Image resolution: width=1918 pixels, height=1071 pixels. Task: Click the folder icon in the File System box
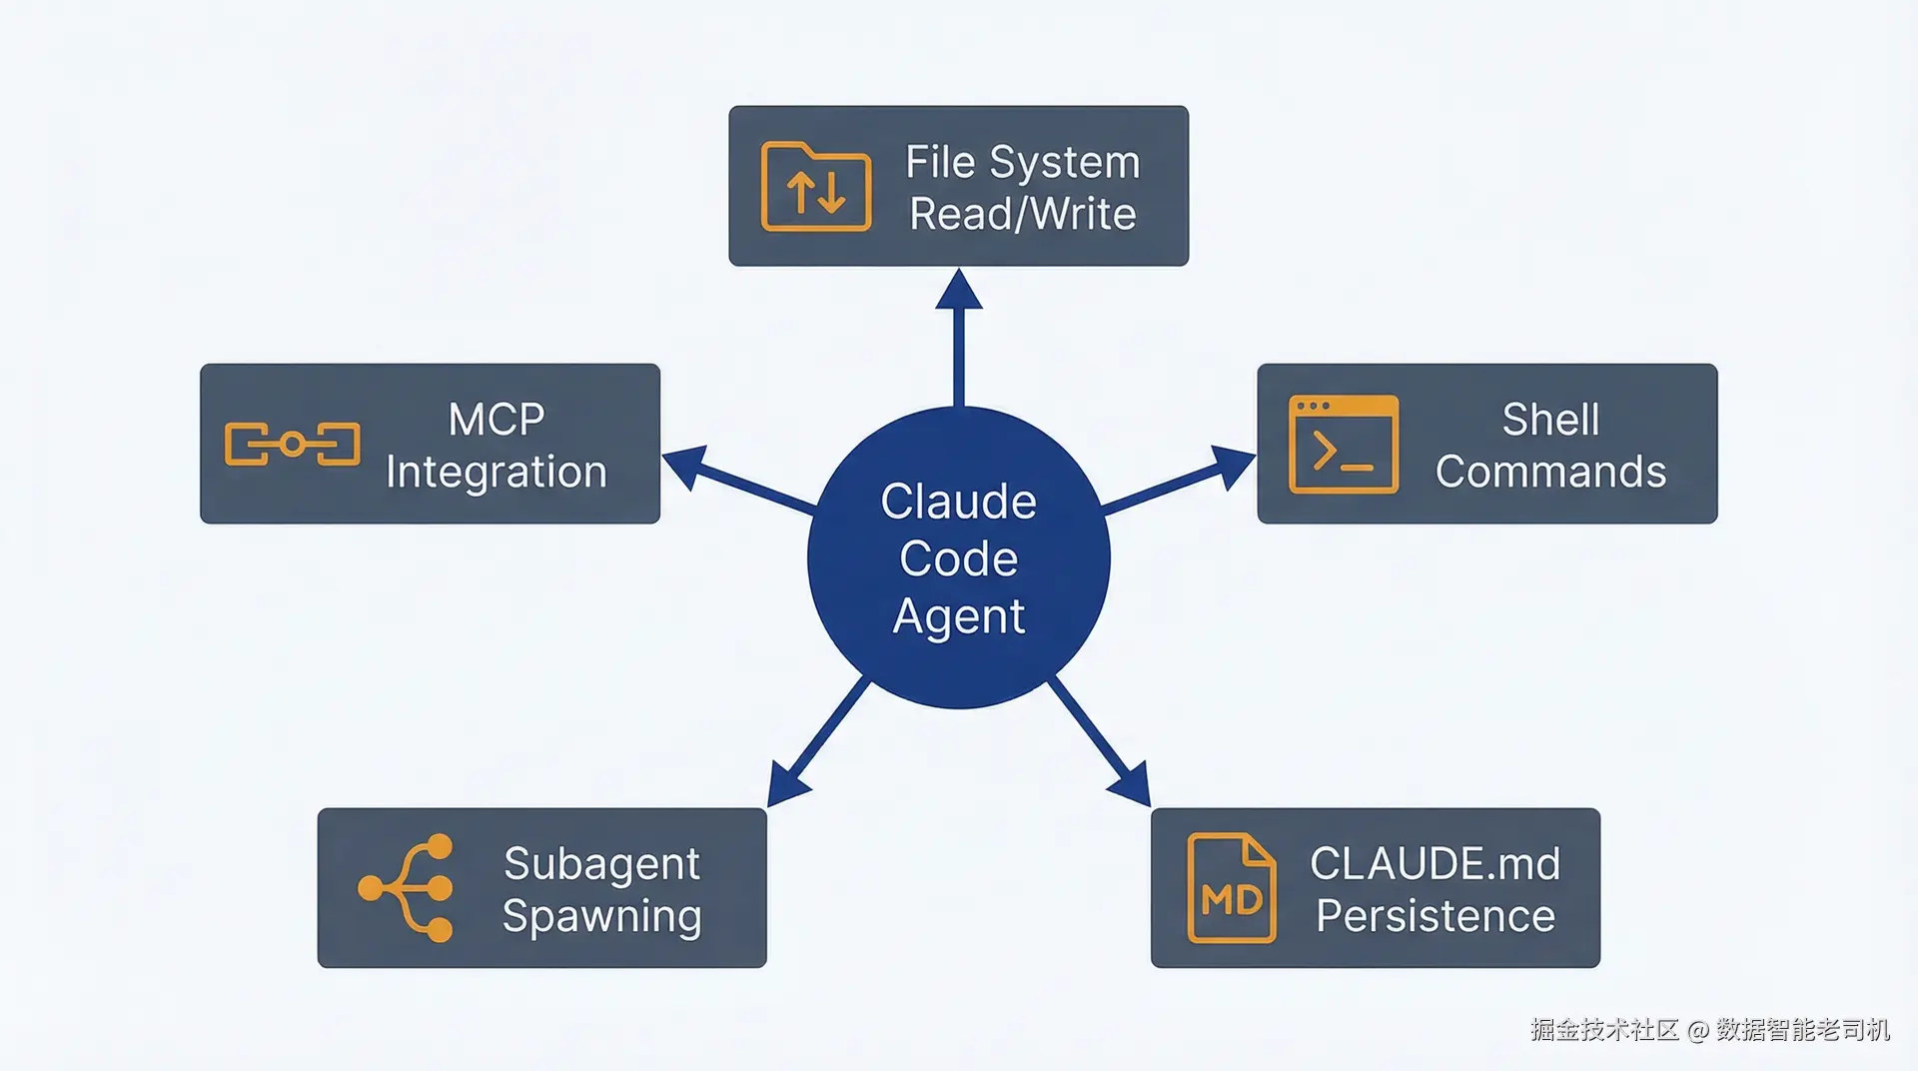[815, 187]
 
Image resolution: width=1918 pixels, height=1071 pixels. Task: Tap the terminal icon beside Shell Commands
[1343, 445]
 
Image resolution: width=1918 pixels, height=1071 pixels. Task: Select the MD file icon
[1231, 888]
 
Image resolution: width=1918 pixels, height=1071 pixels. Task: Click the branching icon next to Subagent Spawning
[408, 888]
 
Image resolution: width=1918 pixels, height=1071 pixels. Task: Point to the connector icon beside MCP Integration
[292, 445]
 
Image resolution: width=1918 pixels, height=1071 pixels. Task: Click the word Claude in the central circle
[958, 502]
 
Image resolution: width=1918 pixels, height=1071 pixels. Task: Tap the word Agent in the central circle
[958, 616]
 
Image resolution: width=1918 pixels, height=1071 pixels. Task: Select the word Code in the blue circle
[958, 558]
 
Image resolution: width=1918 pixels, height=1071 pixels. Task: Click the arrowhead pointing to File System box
[959, 290]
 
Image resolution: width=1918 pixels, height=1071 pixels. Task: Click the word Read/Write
[1022, 214]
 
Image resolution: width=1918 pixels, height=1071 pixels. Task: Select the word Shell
[1550, 420]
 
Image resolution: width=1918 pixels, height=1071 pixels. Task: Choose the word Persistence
[1435, 916]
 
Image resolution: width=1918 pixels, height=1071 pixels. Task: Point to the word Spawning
[601, 917]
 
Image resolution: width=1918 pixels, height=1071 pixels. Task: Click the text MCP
[496, 420]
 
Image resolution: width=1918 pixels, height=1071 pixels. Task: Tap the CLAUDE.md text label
[1435, 863]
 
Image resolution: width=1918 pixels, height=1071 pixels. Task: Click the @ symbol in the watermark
[1697, 1030]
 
